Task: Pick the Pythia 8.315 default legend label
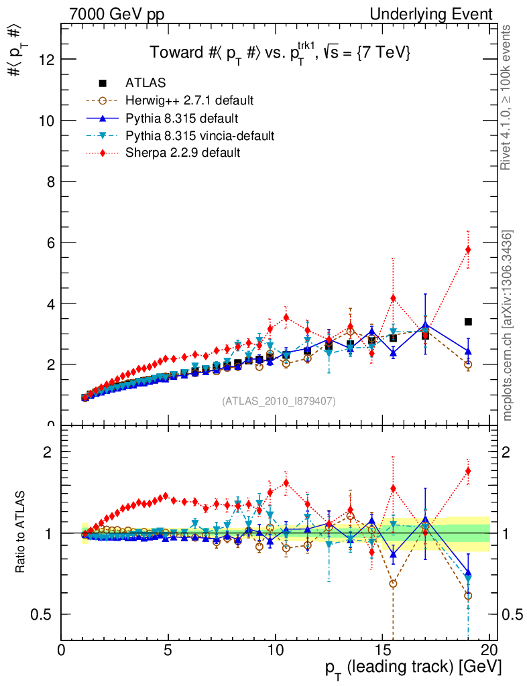(x=182, y=119)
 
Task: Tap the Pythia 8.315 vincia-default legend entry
(x=199, y=136)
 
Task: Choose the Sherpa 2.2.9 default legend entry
(x=182, y=153)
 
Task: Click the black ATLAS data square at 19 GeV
(x=468, y=322)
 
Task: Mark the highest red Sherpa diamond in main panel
(x=468, y=249)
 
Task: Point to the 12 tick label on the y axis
(x=46, y=60)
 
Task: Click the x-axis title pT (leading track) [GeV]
(x=413, y=669)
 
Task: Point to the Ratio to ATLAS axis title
(x=21, y=533)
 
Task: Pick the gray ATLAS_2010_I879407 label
(x=279, y=401)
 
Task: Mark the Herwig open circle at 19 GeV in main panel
(x=468, y=364)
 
